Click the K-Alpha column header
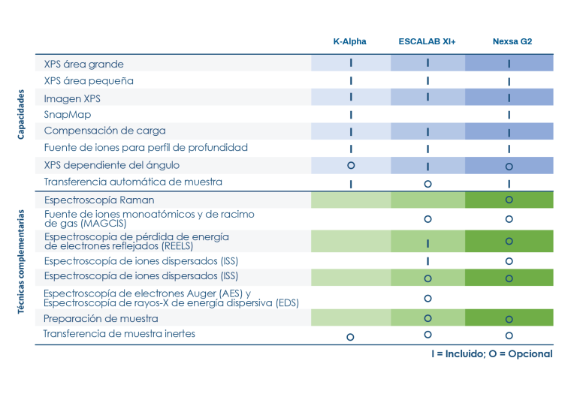coord(350,41)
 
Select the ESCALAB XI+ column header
coord(427,41)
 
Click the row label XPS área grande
coord(83,65)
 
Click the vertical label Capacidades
coord(22,115)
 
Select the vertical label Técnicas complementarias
coord(22,261)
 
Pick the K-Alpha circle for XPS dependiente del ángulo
coord(351,165)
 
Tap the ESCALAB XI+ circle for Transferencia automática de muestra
coord(427,183)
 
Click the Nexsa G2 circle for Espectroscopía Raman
coord(509,200)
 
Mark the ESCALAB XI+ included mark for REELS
coord(427,243)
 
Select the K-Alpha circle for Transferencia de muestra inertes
coord(350,337)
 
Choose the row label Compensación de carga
coord(104,131)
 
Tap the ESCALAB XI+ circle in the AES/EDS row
coord(427,298)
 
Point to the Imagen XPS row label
coord(72,98)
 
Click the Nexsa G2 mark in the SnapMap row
coord(509,116)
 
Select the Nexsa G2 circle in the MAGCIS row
coord(509,219)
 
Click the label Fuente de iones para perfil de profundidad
coord(146,148)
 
